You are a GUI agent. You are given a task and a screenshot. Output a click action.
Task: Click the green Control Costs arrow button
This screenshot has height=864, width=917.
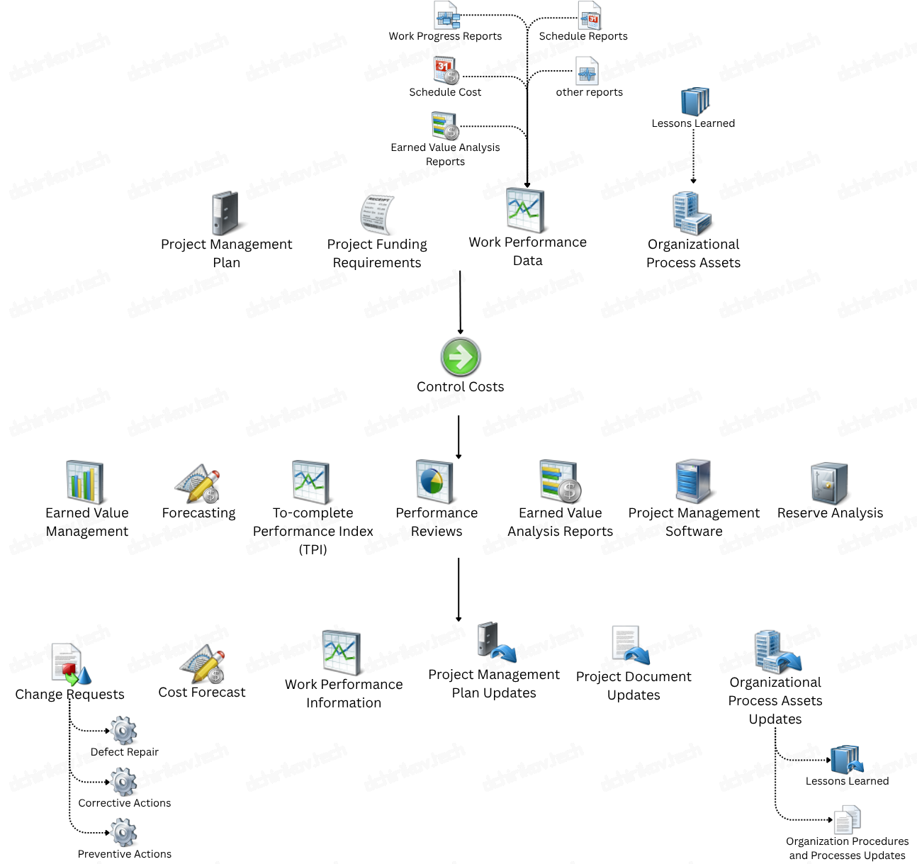[x=461, y=357]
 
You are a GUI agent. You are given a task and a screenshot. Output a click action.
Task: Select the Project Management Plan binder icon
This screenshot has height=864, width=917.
[x=225, y=213]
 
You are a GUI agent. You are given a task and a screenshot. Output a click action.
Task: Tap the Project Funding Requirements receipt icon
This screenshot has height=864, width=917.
[x=376, y=214]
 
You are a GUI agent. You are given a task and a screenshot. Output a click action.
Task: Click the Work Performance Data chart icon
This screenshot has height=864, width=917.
[x=525, y=211]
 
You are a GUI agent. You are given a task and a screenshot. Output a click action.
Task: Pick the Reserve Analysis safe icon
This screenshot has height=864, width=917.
[x=829, y=483]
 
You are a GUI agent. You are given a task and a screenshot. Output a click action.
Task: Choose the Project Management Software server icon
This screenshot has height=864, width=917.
[x=692, y=481]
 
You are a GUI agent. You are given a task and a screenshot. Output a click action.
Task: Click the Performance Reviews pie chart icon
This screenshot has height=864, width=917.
[x=434, y=481]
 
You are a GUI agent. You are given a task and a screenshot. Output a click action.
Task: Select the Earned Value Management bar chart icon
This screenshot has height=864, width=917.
[x=85, y=482]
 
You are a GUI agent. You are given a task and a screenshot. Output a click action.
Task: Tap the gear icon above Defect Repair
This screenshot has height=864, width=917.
[x=123, y=731]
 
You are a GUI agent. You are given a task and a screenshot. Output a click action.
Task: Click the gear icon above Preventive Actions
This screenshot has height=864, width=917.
[x=123, y=833]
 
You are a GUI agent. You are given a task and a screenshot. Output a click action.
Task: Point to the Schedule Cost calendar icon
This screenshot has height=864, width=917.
[x=446, y=70]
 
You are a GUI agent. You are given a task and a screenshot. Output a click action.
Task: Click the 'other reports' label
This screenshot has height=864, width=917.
[x=589, y=92]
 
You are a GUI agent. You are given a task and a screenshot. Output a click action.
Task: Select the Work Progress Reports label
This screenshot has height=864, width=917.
[x=445, y=36]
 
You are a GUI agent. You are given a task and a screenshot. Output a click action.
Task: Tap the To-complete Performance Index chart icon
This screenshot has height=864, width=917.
[x=311, y=482]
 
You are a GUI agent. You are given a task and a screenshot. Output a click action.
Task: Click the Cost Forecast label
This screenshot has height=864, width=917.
[x=202, y=692]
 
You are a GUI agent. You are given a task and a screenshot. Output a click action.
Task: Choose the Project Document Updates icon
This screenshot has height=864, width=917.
[x=630, y=645]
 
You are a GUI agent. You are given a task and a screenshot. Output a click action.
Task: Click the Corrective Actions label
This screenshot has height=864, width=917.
[x=125, y=803]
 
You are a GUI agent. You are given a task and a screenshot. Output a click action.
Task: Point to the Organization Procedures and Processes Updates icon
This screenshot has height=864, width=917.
[x=848, y=820]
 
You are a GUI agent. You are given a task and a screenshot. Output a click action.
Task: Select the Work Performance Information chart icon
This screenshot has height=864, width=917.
[x=342, y=652]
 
